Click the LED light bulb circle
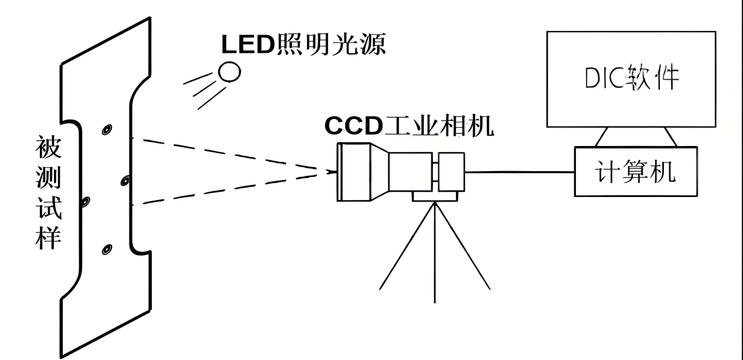230,72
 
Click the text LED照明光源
302,43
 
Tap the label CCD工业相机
409,126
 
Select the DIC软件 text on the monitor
630,78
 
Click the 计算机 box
636,171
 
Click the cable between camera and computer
519,172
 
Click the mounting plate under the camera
435,196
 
